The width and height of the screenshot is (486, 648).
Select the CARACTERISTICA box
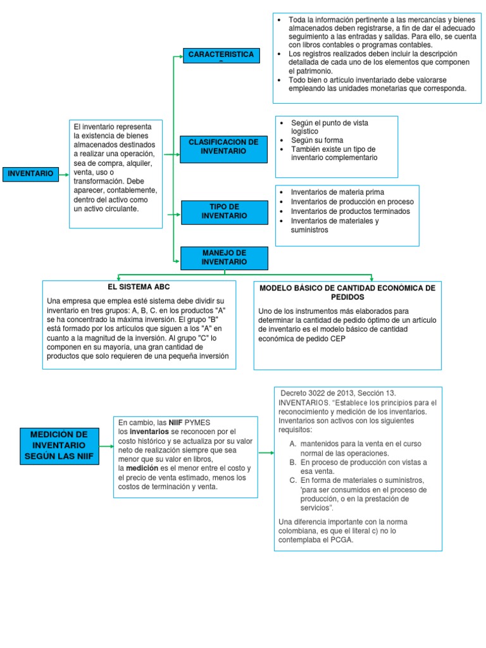click(x=221, y=56)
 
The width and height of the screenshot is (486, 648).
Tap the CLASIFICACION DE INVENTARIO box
click(x=223, y=147)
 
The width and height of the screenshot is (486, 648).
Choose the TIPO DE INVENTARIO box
click(x=224, y=211)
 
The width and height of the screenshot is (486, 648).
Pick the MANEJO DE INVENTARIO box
click(x=224, y=257)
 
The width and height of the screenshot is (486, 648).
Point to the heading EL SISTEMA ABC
click(x=139, y=287)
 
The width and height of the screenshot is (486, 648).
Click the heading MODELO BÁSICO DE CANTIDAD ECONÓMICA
click(x=347, y=292)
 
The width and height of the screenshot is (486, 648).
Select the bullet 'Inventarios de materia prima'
click(x=337, y=192)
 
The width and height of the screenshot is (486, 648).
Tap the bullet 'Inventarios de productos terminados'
click(x=350, y=211)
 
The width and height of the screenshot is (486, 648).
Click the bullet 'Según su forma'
click(x=317, y=140)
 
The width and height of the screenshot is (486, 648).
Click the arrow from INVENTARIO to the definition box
click(x=63, y=173)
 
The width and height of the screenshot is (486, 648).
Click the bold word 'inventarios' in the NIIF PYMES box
click(x=149, y=431)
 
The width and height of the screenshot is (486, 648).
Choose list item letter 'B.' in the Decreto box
click(x=293, y=462)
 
